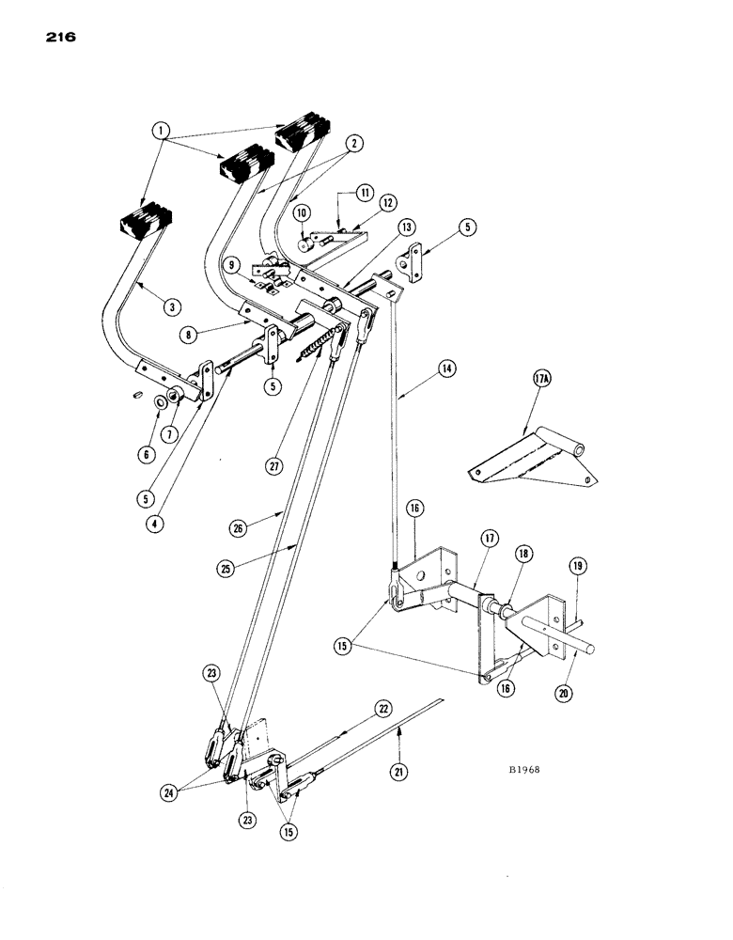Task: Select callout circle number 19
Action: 578,567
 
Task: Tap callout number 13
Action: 405,227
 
